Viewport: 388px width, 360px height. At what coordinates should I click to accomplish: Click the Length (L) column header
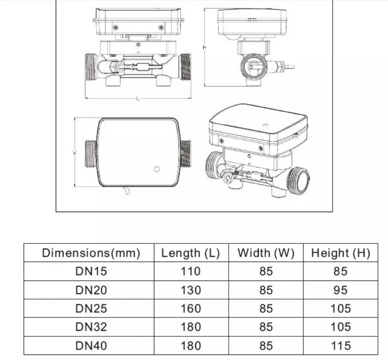pos(191,253)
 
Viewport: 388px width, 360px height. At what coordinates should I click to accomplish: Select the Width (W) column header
pos(266,253)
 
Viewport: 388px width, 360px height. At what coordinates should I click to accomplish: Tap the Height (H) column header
pos(341,253)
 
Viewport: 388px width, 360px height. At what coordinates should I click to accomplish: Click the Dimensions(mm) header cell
pos(91,253)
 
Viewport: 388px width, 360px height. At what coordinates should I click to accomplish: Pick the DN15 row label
pos(91,271)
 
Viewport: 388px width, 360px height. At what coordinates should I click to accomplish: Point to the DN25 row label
pos(91,308)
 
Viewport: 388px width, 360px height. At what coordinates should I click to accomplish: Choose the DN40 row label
pos(91,346)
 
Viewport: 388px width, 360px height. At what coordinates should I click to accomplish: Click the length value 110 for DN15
pos(191,271)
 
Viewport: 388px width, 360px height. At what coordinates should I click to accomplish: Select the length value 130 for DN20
pos(191,290)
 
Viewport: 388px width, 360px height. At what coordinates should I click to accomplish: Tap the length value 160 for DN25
pos(191,308)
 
